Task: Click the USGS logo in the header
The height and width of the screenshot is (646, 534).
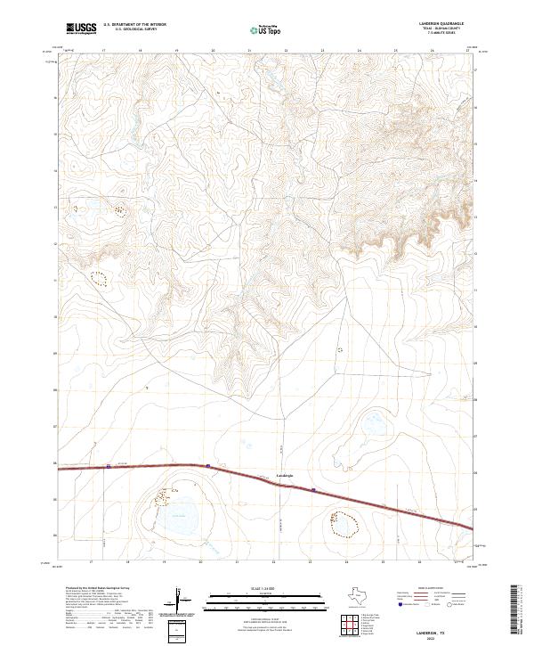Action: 81,29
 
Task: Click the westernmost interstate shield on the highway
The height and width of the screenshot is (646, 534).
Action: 109,466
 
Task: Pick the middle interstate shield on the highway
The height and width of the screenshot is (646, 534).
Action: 207,465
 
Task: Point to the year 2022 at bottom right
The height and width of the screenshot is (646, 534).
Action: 446,636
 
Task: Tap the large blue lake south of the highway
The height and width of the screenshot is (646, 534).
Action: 182,514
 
